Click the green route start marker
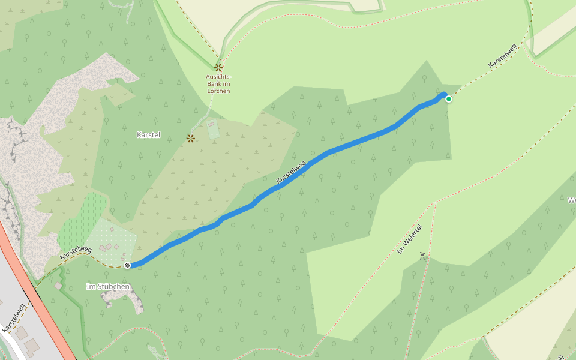coord(448,99)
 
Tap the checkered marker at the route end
coord(127,265)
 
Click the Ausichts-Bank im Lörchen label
coord(218,83)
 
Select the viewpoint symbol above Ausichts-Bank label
coord(218,68)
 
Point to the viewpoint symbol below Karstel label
coord(191,139)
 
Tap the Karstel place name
coord(149,134)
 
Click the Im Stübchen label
coord(108,287)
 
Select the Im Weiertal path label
coord(410,239)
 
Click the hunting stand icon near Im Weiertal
coord(423,257)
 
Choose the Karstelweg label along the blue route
coord(292,172)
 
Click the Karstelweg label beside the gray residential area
coord(13,318)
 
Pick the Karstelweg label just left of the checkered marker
coord(76,253)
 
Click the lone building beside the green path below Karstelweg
coord(58,286)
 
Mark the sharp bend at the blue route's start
coord(445,94)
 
